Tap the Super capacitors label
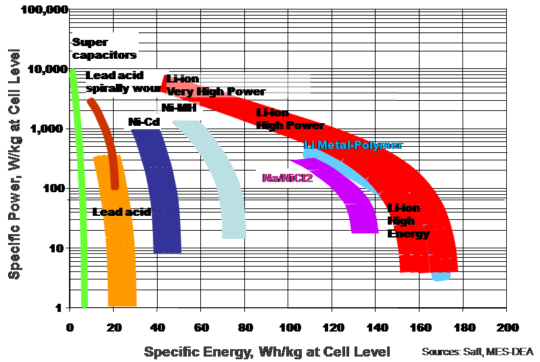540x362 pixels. [x=104, y=49]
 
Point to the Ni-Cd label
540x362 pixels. [x=143, y=122]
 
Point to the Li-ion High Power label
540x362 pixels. [x=290, y=119]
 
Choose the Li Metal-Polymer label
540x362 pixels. [x=353, y=145]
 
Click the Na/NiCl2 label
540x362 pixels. [x=288, y=178]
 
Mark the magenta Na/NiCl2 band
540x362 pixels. [x=355, y=203]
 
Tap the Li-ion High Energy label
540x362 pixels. [x=408, y=221]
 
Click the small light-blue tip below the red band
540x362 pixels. [x=441, y=277]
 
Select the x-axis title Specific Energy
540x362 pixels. [x=267, y=352]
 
